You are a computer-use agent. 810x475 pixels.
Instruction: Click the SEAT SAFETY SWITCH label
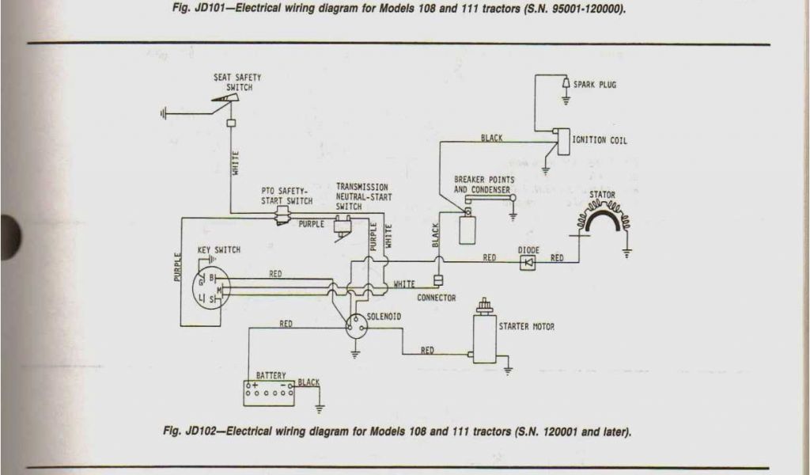pos(237,82)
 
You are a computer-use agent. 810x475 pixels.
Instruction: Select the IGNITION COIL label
pos(600,140)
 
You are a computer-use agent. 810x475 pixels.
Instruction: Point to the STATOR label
pos(602,195)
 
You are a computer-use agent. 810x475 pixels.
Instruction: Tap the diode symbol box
pos(528,260)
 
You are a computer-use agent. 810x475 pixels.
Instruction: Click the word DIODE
pos(528,250)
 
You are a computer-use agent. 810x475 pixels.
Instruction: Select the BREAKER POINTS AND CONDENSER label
pos(484,184)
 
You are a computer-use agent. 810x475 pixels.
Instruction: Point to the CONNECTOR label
pos(437,298)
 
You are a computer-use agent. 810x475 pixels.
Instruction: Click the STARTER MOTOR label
pos(526,326)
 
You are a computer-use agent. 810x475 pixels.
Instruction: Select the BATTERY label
pos(271,374)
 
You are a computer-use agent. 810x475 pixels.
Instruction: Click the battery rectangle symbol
pos(270,393)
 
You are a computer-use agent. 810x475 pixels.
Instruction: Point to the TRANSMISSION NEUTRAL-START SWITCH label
pos(361,197)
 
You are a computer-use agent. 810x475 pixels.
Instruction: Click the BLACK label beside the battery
pos(309,382)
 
